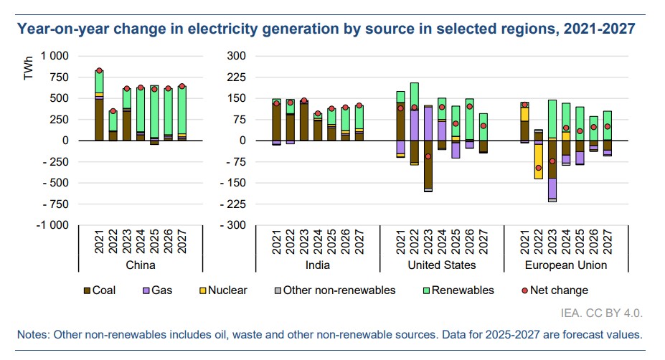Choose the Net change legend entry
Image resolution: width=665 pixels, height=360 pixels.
click(x=559, y=290)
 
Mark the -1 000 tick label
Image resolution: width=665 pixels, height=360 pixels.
click(x=52, y=225)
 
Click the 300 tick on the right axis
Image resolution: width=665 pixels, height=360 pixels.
click(x=236, y=56)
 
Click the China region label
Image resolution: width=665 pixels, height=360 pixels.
click(x=141, y=265)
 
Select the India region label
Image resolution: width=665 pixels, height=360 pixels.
click(x=318, y=265)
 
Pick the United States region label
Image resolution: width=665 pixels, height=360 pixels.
click(x=442, y=265)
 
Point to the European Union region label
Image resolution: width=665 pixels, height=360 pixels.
click(x=567, y=265)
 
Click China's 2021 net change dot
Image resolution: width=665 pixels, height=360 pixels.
click(x=99, y=71)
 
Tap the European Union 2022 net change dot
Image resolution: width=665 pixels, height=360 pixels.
click(x=538, y=168)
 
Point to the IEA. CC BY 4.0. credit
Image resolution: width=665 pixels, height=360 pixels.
click(x=601, y=313)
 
